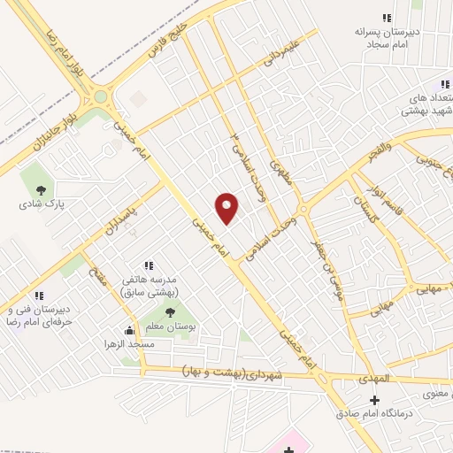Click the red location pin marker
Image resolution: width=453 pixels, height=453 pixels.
tap(226, 208)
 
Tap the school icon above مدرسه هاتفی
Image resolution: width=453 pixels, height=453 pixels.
tap(150, 265)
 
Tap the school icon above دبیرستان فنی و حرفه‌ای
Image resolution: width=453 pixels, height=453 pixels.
tap(39, 296)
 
